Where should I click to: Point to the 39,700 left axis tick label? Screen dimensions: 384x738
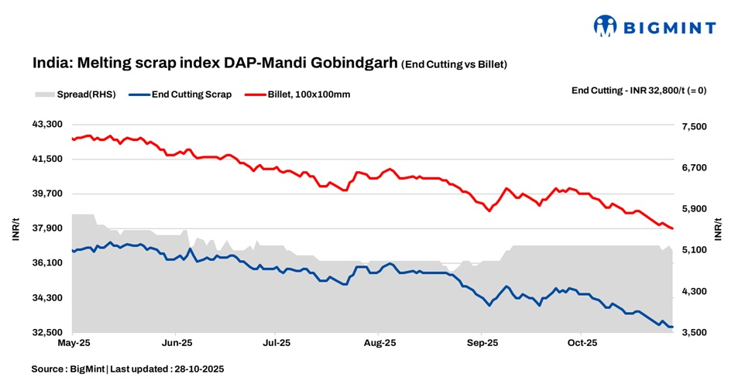coord(46,194)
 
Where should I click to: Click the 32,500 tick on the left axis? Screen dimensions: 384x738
coord(46,333)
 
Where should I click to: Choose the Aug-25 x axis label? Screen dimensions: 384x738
coord(379,341)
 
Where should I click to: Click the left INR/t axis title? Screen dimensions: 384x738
coord(15,229)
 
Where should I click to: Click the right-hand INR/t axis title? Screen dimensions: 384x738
coord(718,229)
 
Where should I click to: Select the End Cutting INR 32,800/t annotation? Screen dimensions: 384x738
coord(638,91)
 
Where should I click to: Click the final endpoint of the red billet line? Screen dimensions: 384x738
coord(672,228)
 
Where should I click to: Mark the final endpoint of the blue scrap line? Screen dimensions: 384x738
coord(672,327)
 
